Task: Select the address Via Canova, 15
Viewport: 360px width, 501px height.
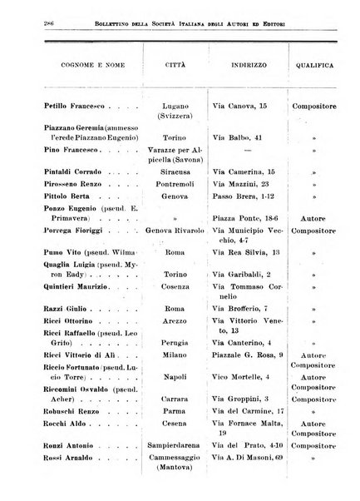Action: click(242, 107)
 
